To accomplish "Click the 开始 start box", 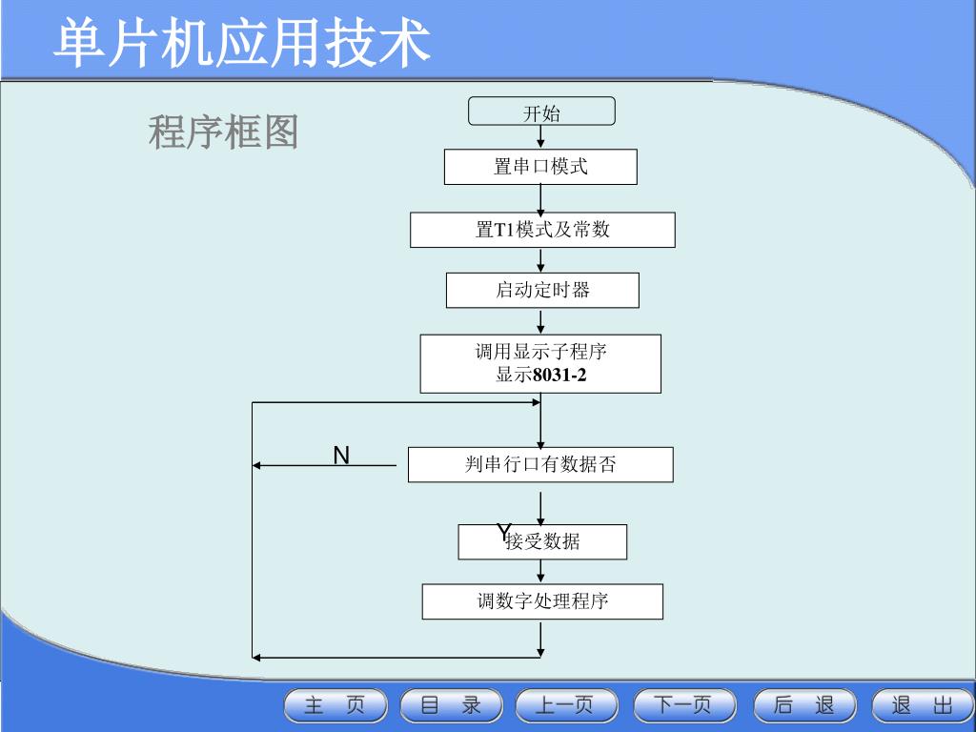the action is pos(541,112).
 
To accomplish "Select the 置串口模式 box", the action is pos(540,167).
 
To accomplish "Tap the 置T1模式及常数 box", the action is pos(542,230).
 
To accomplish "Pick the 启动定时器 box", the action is pos(542,290).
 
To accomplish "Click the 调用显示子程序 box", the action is pos(540,363).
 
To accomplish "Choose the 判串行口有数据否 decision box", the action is pos(540,465).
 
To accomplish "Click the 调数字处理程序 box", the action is pos(542,601).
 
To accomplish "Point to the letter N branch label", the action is pos(341,456).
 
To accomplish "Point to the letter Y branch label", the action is pos(503,532).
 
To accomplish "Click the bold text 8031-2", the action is pos(559,376).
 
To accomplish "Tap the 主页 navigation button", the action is pos(335,706).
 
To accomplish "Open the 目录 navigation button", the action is pos(452,706).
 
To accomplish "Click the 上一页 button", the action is pos(566,706).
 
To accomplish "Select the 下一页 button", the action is pos(684,706).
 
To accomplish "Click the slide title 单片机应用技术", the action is pos(242,43).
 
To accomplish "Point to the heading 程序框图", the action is pos(223,132).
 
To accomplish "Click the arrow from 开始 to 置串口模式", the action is pos(540,137).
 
